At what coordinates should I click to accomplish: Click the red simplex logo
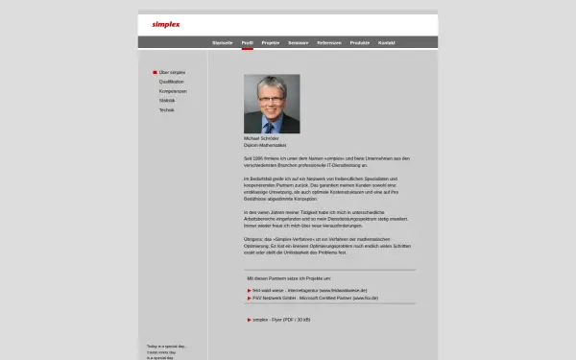coord(166,24)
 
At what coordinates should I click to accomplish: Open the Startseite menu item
coord(223,43)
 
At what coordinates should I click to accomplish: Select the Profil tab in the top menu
coord(247,43)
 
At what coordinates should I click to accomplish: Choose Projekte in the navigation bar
coord(271,43)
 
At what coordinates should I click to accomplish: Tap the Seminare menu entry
coord(298,43)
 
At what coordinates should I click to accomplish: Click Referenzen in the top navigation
coord(329,43)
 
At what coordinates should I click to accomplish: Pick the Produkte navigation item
coord(360,43)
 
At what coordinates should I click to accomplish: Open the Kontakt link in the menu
coord(387,43)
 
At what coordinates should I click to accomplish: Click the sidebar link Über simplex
coord(172,72)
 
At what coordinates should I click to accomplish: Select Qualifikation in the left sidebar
coord(172,82)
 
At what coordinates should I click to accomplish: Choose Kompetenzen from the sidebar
coord(173,91)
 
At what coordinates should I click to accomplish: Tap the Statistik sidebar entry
coord(167,100)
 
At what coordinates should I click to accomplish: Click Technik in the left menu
coord(167,109)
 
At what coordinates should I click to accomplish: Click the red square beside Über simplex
coord(155,72)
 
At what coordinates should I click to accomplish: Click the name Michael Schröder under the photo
coord(262,138)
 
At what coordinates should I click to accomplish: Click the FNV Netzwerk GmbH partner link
coord(307,298)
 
